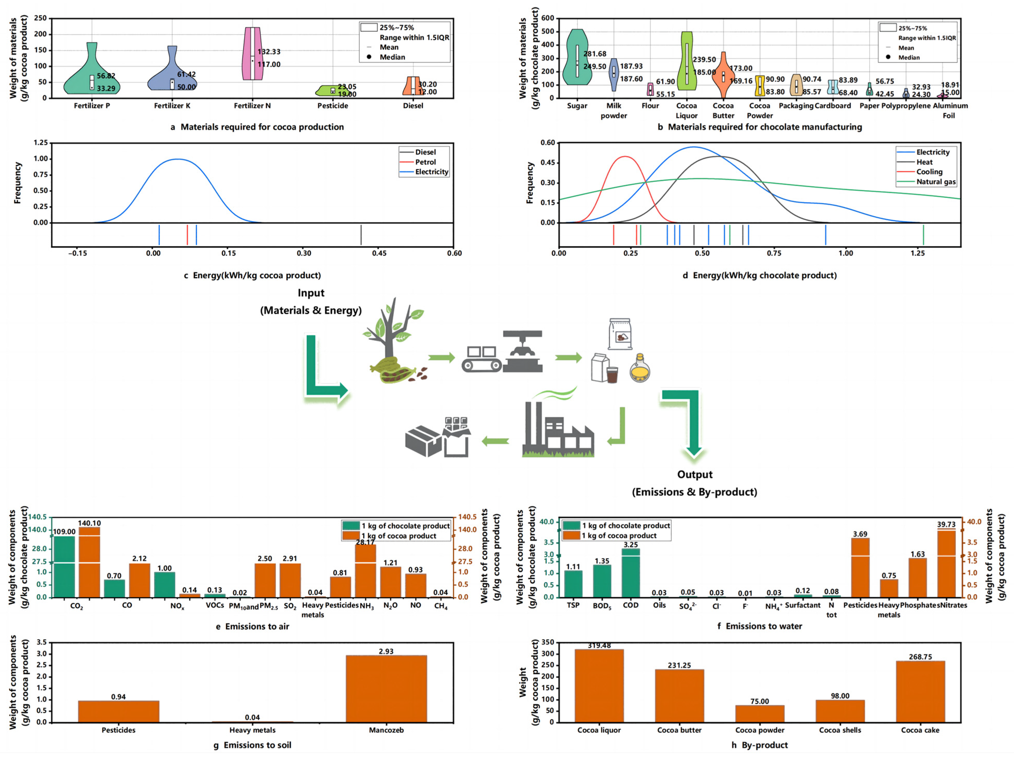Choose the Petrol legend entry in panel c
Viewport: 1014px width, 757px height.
click(425, 162)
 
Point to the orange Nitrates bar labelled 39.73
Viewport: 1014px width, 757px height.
click(946, 564)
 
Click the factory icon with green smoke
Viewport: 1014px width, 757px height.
click(557, 426)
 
